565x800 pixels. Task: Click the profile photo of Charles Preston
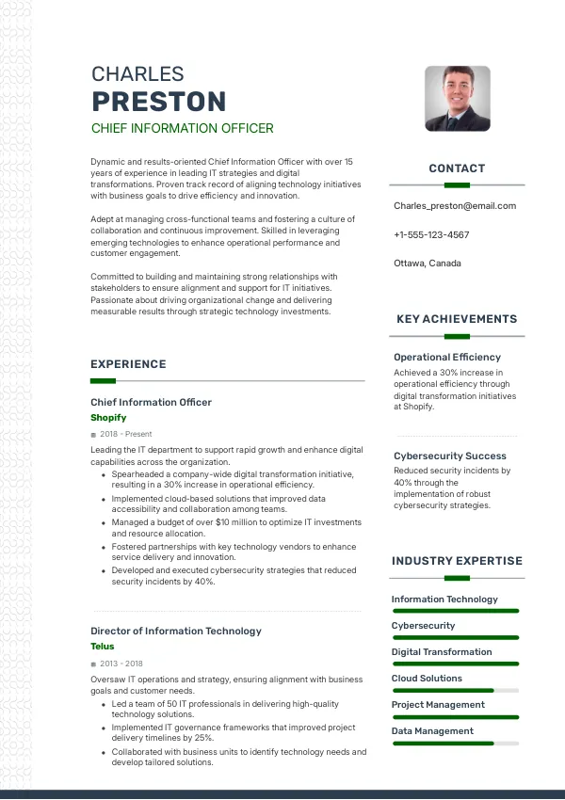pos(457,98)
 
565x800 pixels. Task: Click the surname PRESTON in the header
pos(158,102)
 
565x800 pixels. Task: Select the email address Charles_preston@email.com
pos(455,206)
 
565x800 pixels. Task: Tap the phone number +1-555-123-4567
pos(431,234)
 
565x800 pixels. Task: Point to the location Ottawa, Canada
pos(428,264)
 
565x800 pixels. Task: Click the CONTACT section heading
pos(457,168)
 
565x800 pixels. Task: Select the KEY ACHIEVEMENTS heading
pos(457,319)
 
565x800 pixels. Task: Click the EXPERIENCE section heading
pos(128,364)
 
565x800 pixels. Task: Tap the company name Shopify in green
pos(108,417)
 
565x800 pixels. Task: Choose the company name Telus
pos(103,647)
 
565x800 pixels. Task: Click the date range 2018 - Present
pos(125,434)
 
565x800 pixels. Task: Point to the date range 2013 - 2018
pos(121,664)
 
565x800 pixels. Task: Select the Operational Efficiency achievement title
pos(447,358)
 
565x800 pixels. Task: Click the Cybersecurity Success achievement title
pos(450,456)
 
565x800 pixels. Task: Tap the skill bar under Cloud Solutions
pos(456,691)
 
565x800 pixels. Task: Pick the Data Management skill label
pos(432,731)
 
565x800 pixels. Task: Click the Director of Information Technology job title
pos(176,631)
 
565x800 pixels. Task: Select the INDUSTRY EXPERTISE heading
pos(457,561)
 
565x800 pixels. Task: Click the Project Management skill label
pos(438,705)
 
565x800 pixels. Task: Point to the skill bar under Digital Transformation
pos(456,664)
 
